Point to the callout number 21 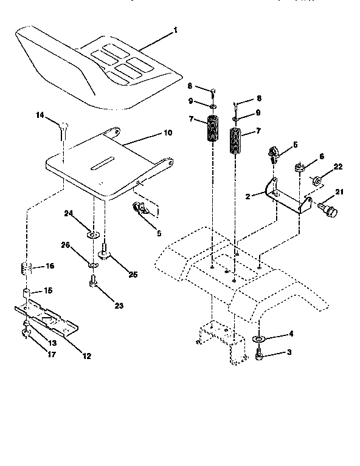pyautogui.click(x=339, y=192)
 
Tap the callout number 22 pyautogui.click(x=338, y=166)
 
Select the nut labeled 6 pyautogui.click(x=300, y=166)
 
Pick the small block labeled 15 pyautogui.click(x=28, y=293)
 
